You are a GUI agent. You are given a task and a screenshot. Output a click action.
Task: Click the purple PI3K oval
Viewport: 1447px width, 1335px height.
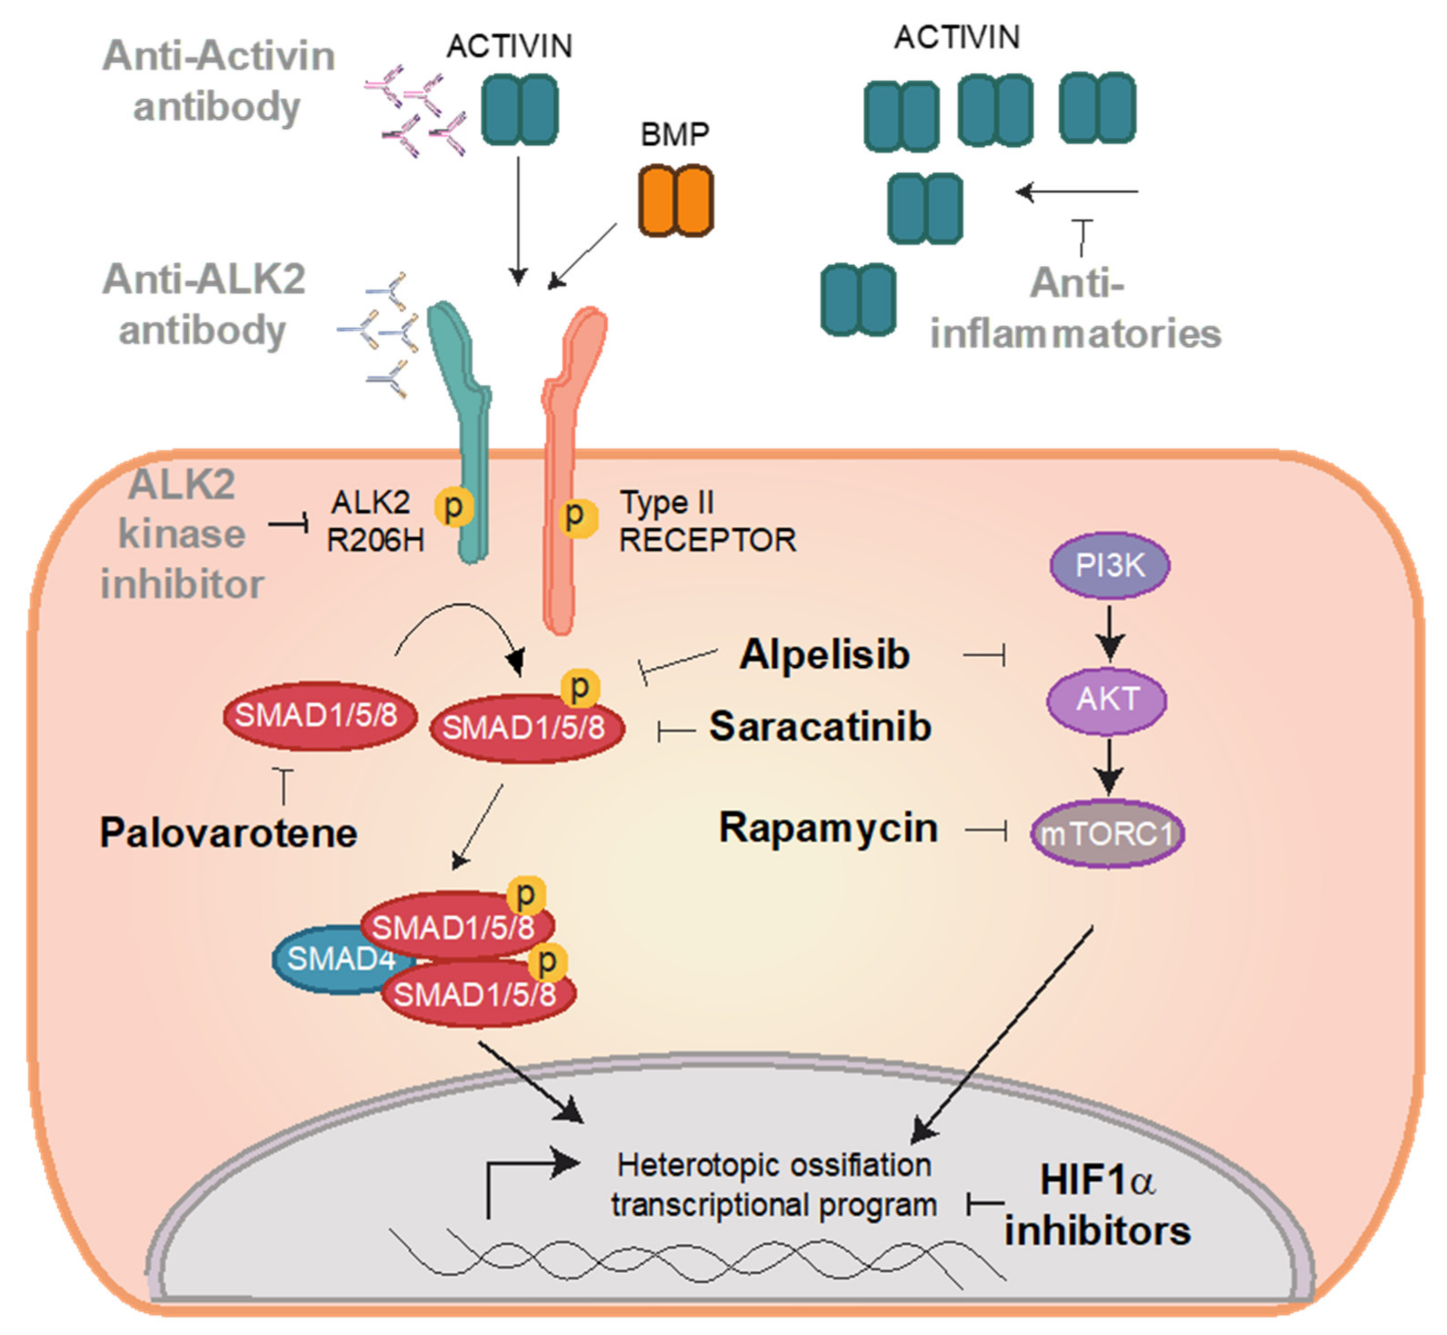pos(1109,565)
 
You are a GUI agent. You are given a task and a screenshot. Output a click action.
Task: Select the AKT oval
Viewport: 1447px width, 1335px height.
pos(1107,698)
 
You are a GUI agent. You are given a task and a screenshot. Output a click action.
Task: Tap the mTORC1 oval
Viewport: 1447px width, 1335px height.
pos(1107,834)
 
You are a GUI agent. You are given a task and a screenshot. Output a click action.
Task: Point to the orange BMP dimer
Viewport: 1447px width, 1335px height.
pos(675,200)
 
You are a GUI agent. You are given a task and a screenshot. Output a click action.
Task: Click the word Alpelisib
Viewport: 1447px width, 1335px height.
pos(823,655)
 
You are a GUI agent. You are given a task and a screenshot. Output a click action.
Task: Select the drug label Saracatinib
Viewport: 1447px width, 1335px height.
pos(820,726)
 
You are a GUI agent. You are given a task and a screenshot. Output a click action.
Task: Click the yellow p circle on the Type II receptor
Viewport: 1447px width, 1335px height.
pos(576,516)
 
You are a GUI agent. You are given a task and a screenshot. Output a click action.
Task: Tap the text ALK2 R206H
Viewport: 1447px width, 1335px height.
pos(374,521)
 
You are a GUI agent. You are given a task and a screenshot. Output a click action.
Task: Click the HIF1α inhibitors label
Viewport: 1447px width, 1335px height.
pos(1096,1206)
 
